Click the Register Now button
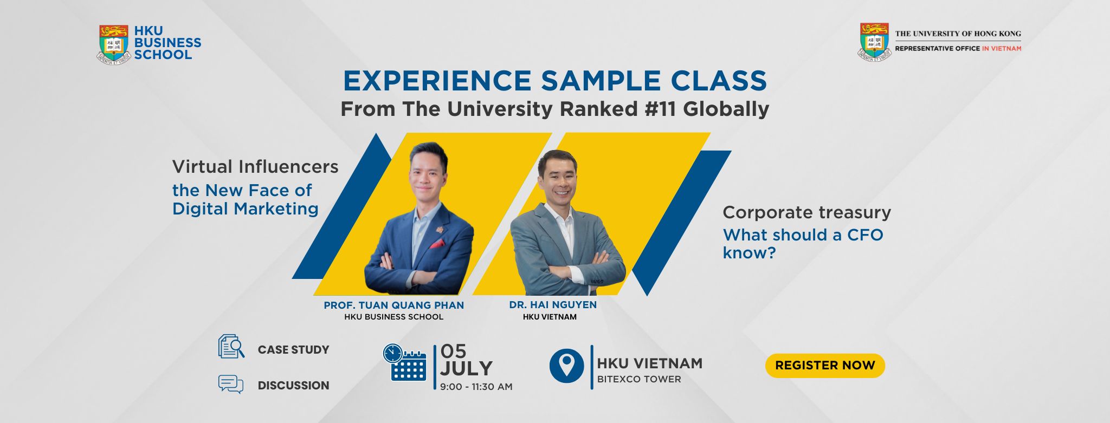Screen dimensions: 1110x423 825,366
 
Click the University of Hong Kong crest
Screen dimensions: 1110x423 874,42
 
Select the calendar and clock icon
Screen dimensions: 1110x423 405,363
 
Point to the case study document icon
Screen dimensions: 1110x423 231,347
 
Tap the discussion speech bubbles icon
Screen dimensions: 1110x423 231,384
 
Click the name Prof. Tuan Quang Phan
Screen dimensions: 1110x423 394,305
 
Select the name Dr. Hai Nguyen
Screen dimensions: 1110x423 553,305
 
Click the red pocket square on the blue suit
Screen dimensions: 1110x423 437,244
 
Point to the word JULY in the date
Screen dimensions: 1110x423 466,369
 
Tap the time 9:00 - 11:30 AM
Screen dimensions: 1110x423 476,387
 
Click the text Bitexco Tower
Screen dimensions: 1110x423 639,380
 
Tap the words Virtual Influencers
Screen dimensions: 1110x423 255,167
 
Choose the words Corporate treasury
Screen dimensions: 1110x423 807,213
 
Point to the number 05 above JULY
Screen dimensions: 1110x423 453,352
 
